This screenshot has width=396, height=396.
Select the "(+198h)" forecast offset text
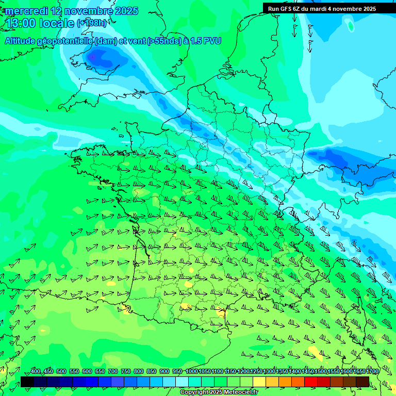[x=92, y=23]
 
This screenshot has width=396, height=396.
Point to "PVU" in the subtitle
[x=211, y=41]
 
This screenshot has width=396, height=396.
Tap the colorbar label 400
[x=36, y=372]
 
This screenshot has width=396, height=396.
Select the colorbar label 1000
[x=192, y=372]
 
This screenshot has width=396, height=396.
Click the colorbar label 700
[x=113, y=372]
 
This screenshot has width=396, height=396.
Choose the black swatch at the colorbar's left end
[x=27, y=382]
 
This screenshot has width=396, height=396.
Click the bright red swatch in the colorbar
[x=311, y=382]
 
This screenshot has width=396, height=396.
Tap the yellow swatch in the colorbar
[x=259, y=382]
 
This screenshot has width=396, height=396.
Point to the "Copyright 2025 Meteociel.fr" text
[x=219, y=392]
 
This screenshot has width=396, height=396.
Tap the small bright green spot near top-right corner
[x=351, y=26]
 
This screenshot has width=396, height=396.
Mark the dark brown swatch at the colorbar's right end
[x=362, y=382]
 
